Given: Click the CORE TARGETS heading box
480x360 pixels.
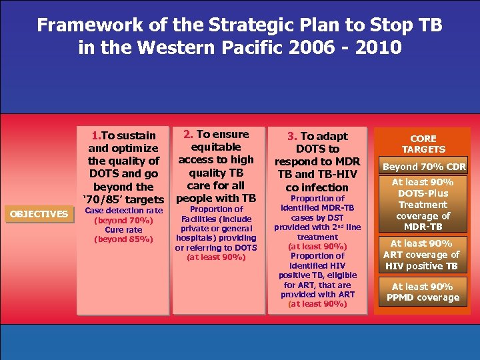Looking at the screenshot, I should [423, 144].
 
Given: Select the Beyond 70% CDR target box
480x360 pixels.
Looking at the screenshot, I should [423, 167].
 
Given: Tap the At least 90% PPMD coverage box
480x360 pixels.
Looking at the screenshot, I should [423, 292].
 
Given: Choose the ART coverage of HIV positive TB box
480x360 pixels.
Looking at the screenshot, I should [423, 255].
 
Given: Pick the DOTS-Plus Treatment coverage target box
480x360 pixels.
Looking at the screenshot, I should [423, 205].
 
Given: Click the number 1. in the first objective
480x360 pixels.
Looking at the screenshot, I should [97, 136].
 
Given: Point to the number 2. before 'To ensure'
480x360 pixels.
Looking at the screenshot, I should [188, 135].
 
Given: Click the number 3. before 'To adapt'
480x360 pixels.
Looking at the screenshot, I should [292, 136].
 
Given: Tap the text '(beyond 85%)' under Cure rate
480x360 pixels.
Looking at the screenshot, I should [123, 239].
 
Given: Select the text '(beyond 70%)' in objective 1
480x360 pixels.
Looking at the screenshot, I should [123, 221].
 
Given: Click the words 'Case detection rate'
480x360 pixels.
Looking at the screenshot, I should [123, 211].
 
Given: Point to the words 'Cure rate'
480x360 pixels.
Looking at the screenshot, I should [123, 230].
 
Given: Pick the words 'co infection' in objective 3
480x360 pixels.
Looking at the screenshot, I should [317, 187].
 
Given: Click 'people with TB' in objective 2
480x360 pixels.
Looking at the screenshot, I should [216, 198].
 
